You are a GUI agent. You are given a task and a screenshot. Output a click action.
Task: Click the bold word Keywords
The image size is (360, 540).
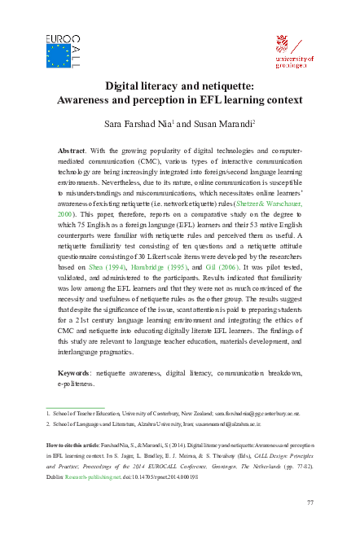(69, 373)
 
